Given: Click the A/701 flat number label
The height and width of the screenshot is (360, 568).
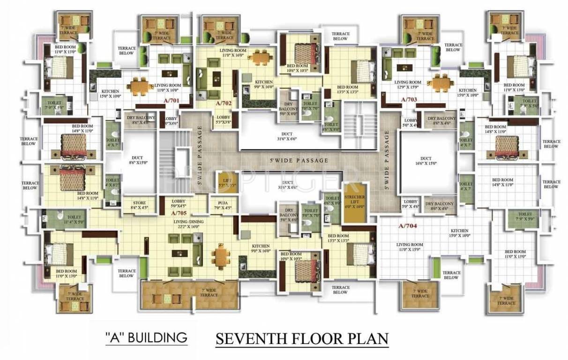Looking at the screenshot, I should [171, 100].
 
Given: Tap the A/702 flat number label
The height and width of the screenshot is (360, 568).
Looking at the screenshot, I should [224, 102].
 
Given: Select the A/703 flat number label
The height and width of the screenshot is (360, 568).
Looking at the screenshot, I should [410, 100].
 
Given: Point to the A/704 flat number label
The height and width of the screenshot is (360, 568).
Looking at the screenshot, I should [407, 226].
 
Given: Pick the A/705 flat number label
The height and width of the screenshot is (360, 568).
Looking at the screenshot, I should [179, 213].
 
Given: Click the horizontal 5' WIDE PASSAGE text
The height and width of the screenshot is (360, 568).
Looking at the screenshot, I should [299, 160].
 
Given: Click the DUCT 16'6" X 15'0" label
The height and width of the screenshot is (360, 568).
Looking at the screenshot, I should [426, 161].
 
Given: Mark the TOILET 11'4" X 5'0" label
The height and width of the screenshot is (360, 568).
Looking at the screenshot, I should [74, 219].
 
